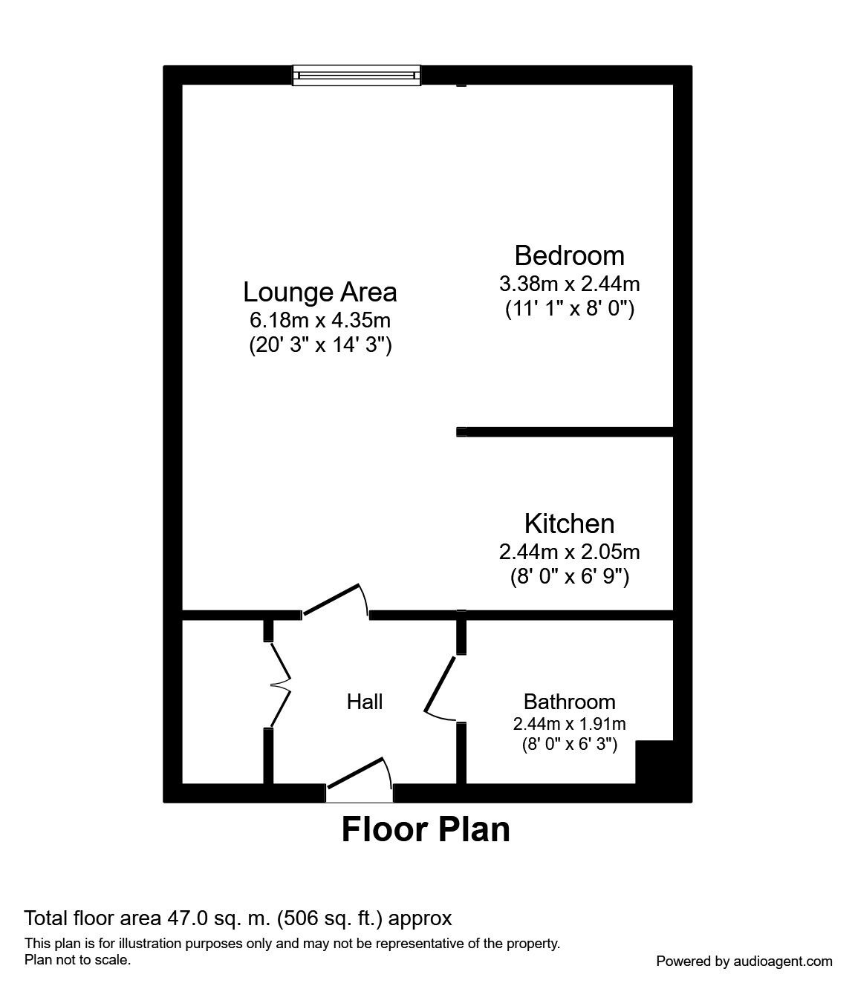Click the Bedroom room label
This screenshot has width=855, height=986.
click(569, 255)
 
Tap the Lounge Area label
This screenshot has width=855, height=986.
click(320, 292)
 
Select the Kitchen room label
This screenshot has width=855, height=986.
click(569, 523)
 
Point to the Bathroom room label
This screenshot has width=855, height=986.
click(569, 702)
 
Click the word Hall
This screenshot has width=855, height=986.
click(365, 702)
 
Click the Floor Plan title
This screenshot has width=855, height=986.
click(426, 829)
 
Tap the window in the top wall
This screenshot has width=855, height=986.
click(357, 76)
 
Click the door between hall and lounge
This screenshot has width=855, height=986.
click(336, 600)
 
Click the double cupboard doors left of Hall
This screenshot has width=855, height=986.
click(280, 685)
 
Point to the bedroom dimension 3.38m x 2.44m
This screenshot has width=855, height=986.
click(569, 284)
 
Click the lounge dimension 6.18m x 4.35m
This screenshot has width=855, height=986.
click(320, 320)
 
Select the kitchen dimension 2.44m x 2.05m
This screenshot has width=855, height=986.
click(569, 552)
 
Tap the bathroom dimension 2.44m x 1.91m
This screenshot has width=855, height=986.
click(569, 724)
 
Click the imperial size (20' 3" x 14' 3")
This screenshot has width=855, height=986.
click(320, 345)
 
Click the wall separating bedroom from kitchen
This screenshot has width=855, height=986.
click(565, 432)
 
